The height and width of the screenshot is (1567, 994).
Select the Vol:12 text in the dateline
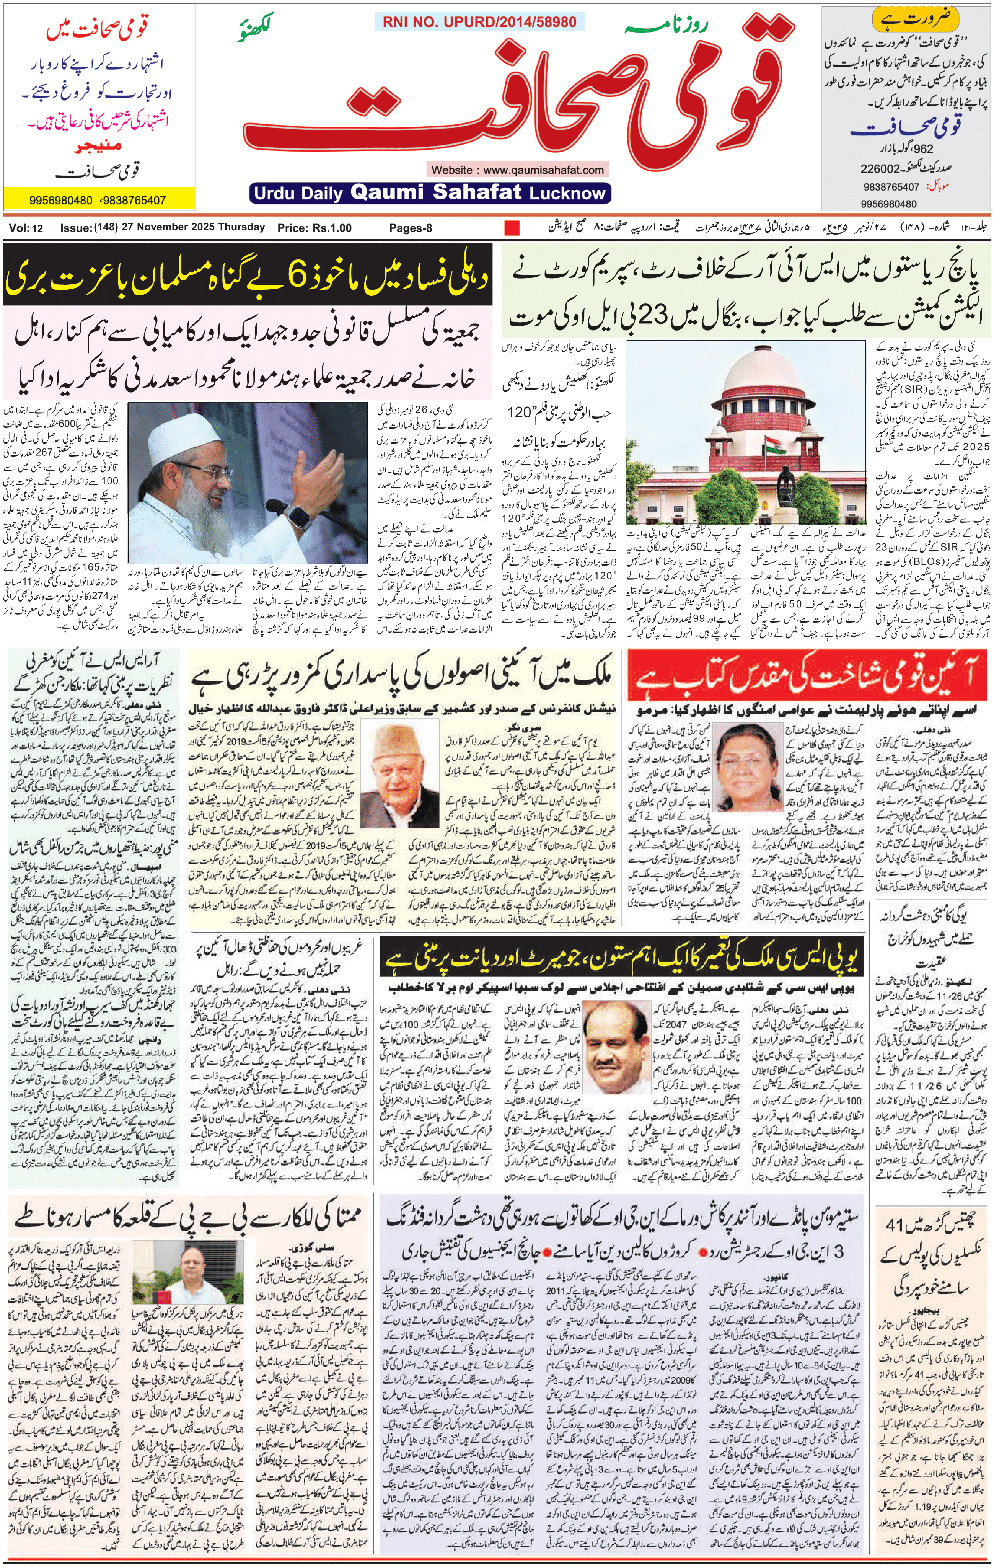click(x=26, y=228)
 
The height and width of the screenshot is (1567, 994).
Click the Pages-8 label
click(x=411, y=228)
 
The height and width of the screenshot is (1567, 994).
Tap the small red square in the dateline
click(x=512, y=228)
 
